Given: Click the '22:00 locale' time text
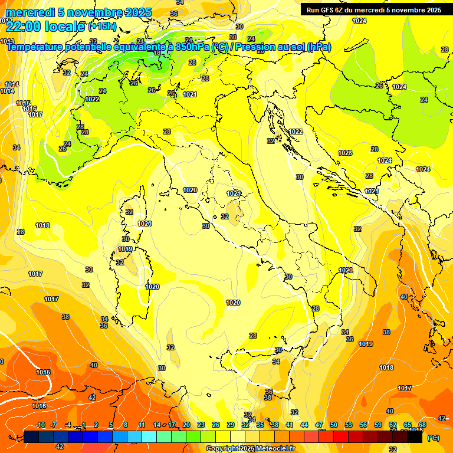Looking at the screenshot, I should coord(45,26).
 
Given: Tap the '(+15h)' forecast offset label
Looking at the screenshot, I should coord(102,26).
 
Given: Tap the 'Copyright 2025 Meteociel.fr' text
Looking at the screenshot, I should coord(250,448).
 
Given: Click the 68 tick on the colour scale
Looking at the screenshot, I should coord(422,425).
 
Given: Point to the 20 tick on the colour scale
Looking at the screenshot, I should coord(186,425).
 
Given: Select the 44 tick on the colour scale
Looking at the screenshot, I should coord(304,425).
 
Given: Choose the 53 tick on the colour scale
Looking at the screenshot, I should coord(349,425).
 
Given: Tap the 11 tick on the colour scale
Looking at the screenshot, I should coord(142,425).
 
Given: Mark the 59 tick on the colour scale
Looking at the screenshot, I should coord(378,425).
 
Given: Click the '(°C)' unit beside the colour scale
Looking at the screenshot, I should coord(434,438).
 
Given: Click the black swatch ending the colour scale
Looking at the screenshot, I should coord(415,436).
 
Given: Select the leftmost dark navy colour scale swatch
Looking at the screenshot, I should coord(31,436).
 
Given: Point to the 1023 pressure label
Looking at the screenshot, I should coord(345,153).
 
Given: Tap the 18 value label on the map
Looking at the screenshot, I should coord(157,52).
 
